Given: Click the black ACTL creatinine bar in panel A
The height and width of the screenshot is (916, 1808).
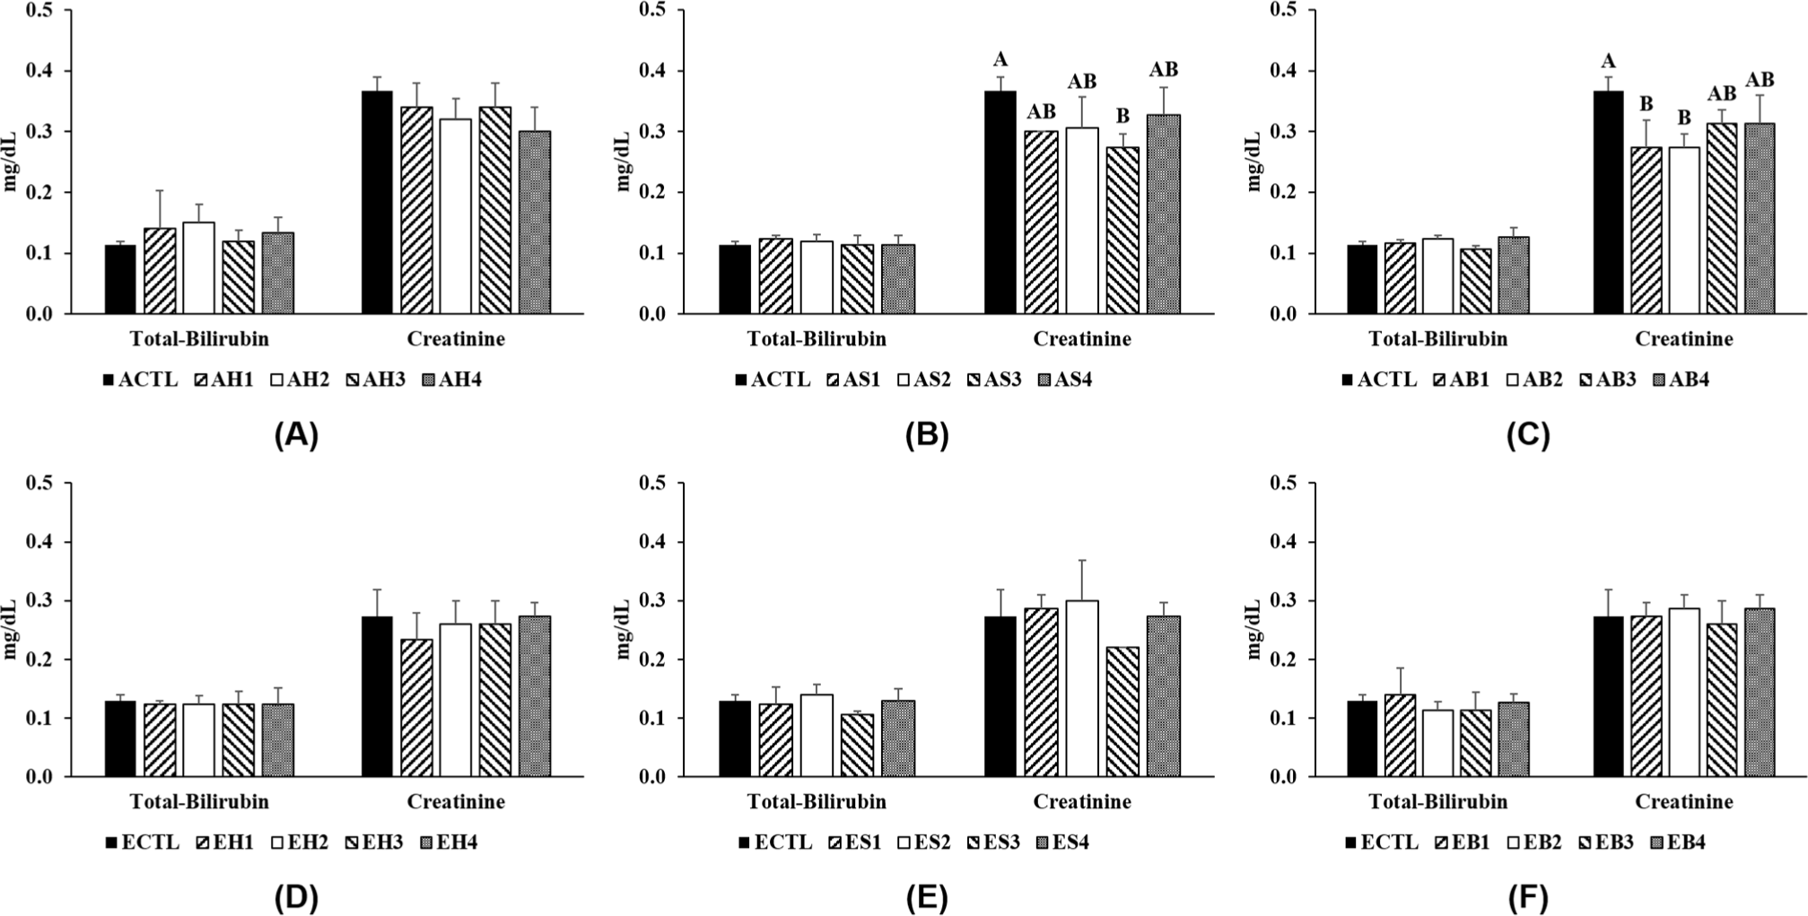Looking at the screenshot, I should (x=376, y=203).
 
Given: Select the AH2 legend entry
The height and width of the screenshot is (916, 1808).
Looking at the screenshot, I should (x=301, y=379).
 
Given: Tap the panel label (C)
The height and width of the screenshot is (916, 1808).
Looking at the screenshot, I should (x=1528, y=435).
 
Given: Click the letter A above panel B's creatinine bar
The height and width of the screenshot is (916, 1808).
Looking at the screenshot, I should (x=1000, y=60).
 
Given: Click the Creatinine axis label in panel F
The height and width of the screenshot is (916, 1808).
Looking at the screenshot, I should (x=1683, y=801).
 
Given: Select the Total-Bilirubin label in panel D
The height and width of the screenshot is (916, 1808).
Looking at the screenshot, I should (x=199, y=801).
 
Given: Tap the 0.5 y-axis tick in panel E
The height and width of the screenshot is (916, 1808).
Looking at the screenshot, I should (x=651, y=484).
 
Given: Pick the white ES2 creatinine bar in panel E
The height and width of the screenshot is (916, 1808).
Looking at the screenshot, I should (x=1083, y=688).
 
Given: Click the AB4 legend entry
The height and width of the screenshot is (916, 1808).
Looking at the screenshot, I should (x=1681, y=379).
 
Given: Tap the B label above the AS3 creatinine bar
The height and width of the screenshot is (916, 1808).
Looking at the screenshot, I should (x=1122, y=117).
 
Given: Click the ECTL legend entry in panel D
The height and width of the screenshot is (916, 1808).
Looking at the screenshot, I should (x=144, y=842).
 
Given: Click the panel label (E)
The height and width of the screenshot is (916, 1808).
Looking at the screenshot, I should (x=926, y=897).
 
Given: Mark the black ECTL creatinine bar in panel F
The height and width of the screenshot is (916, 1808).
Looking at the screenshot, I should (x=1608, y=696).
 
